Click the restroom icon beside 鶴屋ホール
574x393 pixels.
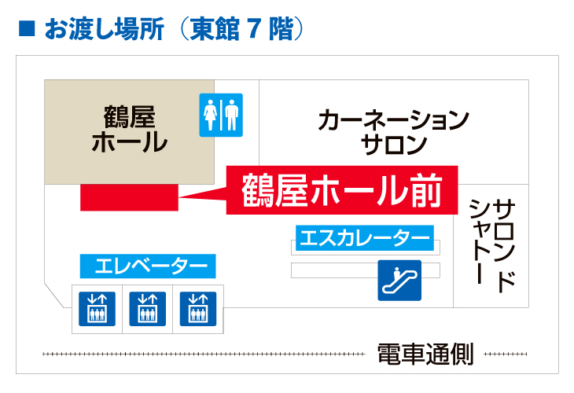pos(221,116)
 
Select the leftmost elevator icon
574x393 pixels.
pos(96,308)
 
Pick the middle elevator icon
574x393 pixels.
pos(147,308)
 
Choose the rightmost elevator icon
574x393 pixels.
pos(198,308)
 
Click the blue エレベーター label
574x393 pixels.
pos(148,266)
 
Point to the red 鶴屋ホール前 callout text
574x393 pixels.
pos(342,190)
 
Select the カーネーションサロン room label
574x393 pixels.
pos(393,132)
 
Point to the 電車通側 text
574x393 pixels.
pos(425,354)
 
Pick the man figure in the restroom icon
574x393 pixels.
pos(231,116)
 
